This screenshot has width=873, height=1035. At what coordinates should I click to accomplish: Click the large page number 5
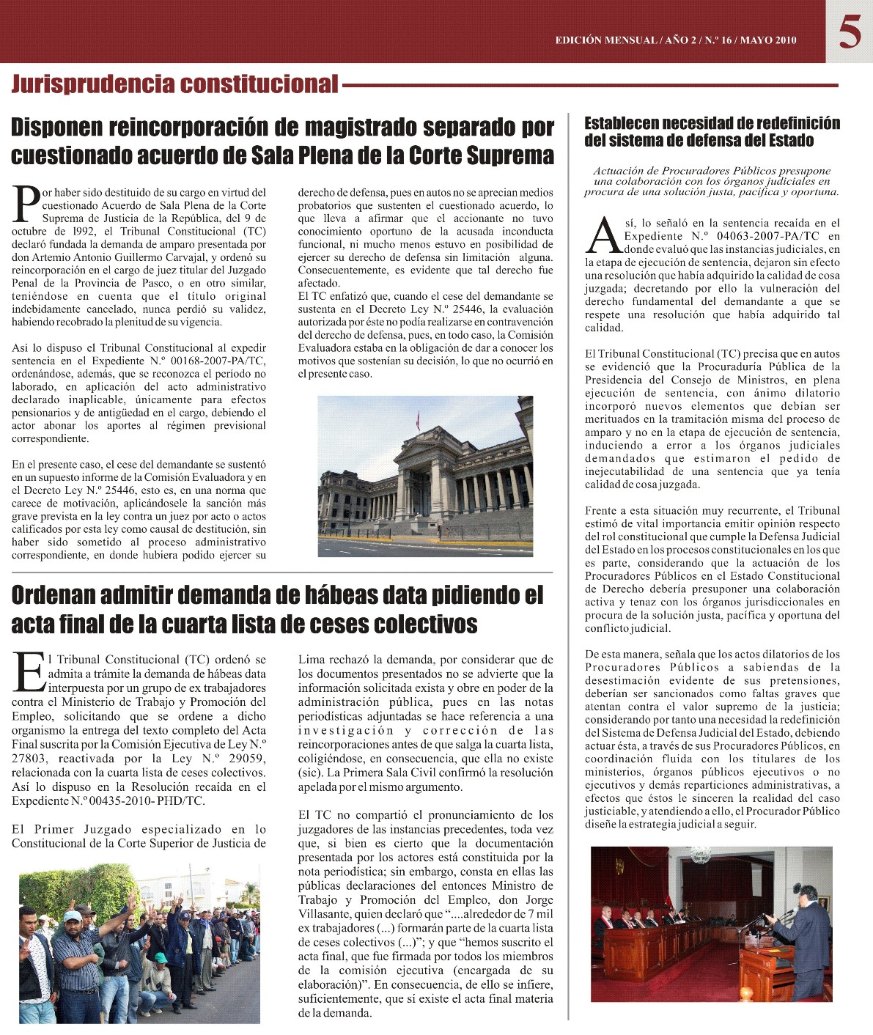pyautogui.click(x=850, y=32)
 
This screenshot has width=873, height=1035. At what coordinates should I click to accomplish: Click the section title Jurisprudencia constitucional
pyautogui.click(x=174, y=84)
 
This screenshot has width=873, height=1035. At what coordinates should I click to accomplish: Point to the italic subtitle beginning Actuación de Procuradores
pyautogui.click(x=711, y=181)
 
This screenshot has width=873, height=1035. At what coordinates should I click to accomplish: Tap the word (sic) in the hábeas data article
pyautogui.click(x=309, y=773)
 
